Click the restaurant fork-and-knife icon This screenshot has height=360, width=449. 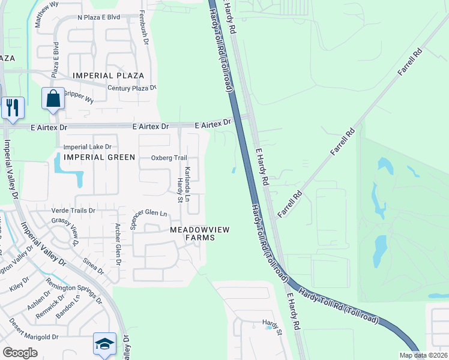13,108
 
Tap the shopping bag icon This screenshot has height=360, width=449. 53,98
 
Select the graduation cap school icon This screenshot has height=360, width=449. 104,344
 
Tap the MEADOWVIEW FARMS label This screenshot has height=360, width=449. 192,233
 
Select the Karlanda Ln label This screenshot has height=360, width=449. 187,184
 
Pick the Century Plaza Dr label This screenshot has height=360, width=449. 131,88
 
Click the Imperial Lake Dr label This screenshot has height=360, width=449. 88,146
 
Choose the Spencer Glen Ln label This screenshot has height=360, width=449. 149,214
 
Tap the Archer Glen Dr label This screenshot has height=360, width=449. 118,245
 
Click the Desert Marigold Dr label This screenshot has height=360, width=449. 33,329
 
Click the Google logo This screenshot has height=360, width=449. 20,353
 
